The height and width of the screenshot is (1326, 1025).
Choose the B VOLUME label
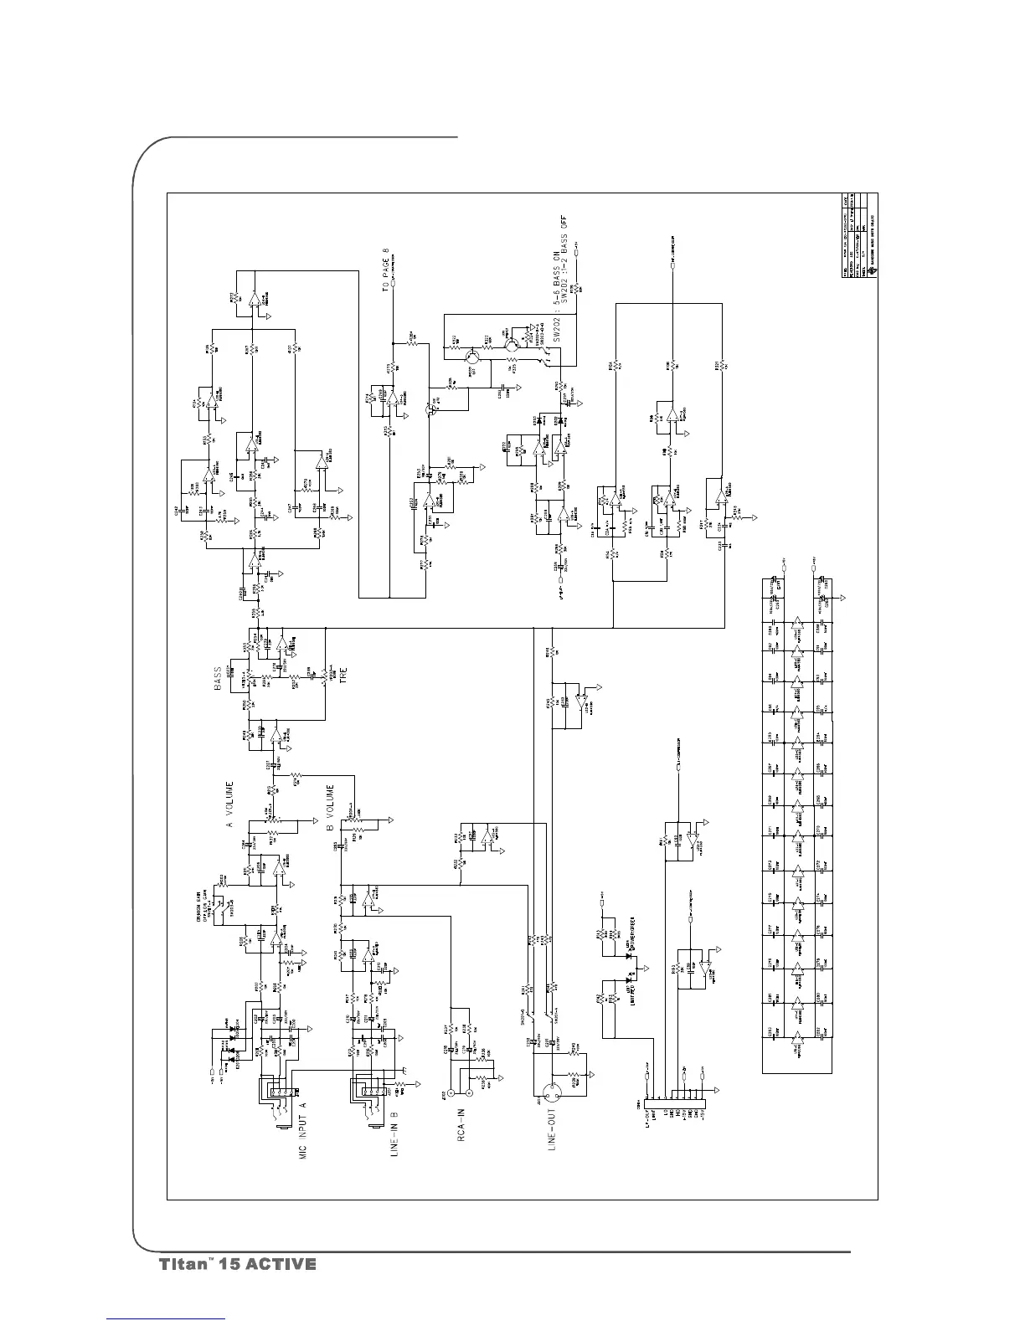330,808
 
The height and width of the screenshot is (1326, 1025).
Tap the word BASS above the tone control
217,677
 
